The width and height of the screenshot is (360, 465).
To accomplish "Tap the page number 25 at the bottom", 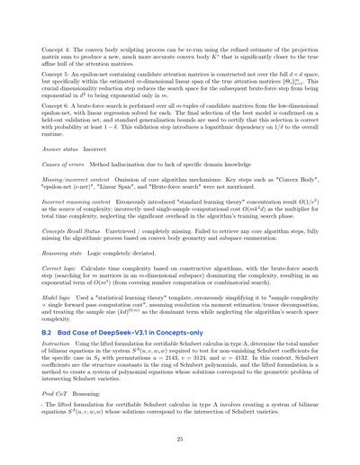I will tap(180, 459).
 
